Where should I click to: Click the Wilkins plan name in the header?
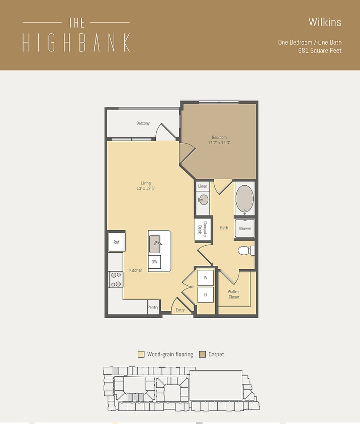pyautogui.click(x=325, y=22)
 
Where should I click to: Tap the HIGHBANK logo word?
pyautogui.click(x=76, y=43)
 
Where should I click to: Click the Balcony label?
pyautogui.click(x=143, y=123)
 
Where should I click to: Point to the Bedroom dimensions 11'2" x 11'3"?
pyautogui.click(x=219, y=143)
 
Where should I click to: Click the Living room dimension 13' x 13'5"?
pyautogui.click(x=146, y=188)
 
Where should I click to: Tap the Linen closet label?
pyautogui.click(x=203, y=186)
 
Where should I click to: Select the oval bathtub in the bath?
pyautogui.click(x=245, y=199)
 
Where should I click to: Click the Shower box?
pyautogui.click(x=245, y=228)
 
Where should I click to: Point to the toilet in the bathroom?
pyautogui.click(x=245, y=250)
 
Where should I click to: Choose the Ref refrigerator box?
pyautogui.click(x=117, y=242)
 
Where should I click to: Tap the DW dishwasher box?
pyautogui.click(x=154, y=262)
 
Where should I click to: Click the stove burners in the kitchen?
pyautogui.click(x=116, y=279)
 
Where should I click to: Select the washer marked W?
pyautogui.click(x=205, y=277)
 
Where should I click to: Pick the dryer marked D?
pyautogui.click(x=205, y=294)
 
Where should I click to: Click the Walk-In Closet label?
pyautogui.click(x=234, y=294)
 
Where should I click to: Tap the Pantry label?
pyautogui.click(x=153, y=307)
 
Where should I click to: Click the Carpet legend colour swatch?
pyautogui.click(x=203, y=354)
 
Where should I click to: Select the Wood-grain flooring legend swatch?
pyautogui.click(x=141, y=354)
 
